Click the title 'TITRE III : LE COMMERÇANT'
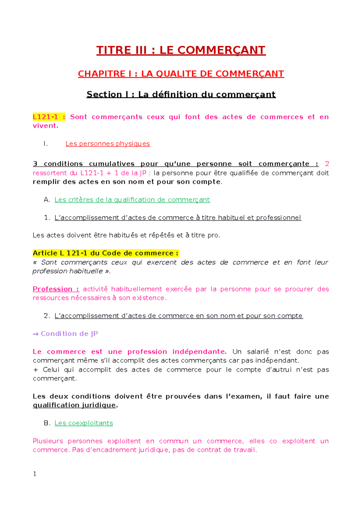click(181, 50)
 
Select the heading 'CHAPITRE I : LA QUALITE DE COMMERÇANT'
click(181, 74)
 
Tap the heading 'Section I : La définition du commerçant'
click(181, 94)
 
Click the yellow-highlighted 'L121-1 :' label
click(49, 117)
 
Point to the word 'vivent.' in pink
click(46, 126)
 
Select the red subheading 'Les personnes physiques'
click(108, 144)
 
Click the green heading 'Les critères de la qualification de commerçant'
click(132, 200)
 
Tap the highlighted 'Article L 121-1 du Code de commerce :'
click(106, 253)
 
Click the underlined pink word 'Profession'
click(52, 289)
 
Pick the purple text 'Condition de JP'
click(69, 333)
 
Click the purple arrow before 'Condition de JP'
click(36, 334)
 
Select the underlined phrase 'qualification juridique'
click(74, 405)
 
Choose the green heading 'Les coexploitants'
click(84, 423)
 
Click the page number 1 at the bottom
click(35, 474)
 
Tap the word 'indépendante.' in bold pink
click(199, 352)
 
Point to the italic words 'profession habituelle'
click(68, 271)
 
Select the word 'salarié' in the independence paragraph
click(258, 352)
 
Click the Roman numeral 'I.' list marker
click(46, 144)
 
